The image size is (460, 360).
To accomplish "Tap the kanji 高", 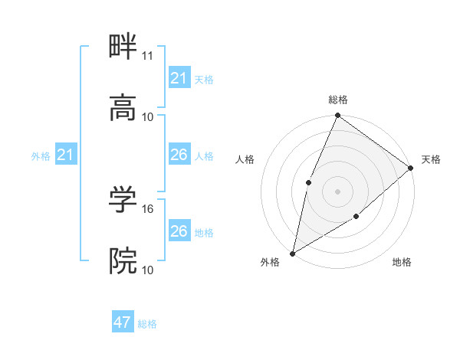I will pyautogui.click(x=123, y=108).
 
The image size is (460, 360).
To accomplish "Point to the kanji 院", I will pyautogui.click(x=123, y=260).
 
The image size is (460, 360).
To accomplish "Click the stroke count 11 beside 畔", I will pyautogui.click(x=148, y=57).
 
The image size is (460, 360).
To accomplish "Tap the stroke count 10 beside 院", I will pyautogui.click(x=148, y=270).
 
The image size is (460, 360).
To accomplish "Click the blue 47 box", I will pyautogui.click(x=123, y=322).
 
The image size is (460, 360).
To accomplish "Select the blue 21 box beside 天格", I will pyautogui.click(x=179, y=78).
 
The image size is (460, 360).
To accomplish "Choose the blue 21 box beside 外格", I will pyautogui.click(x=65, y=155).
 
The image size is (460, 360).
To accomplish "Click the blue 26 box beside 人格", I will pyautogui.click(x=179, y=155).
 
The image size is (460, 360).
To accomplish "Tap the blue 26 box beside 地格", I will pyautogui.click(x=179, y=231).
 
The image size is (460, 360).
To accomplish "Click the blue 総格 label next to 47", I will pyautogui.click(x=147, y=324).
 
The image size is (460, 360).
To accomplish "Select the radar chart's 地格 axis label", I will pyautogui.click(x=402, y=262).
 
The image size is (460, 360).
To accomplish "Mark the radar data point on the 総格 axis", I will pyautogui.click(x=337, y=116).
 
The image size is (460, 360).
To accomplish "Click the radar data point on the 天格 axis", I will pyautogui.click(x=410, y=168).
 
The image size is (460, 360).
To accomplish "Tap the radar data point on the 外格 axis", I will pyautogui.click(x=292, y=253).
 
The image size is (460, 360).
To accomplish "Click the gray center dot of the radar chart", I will pyautogui.click(x=337, y=191).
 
